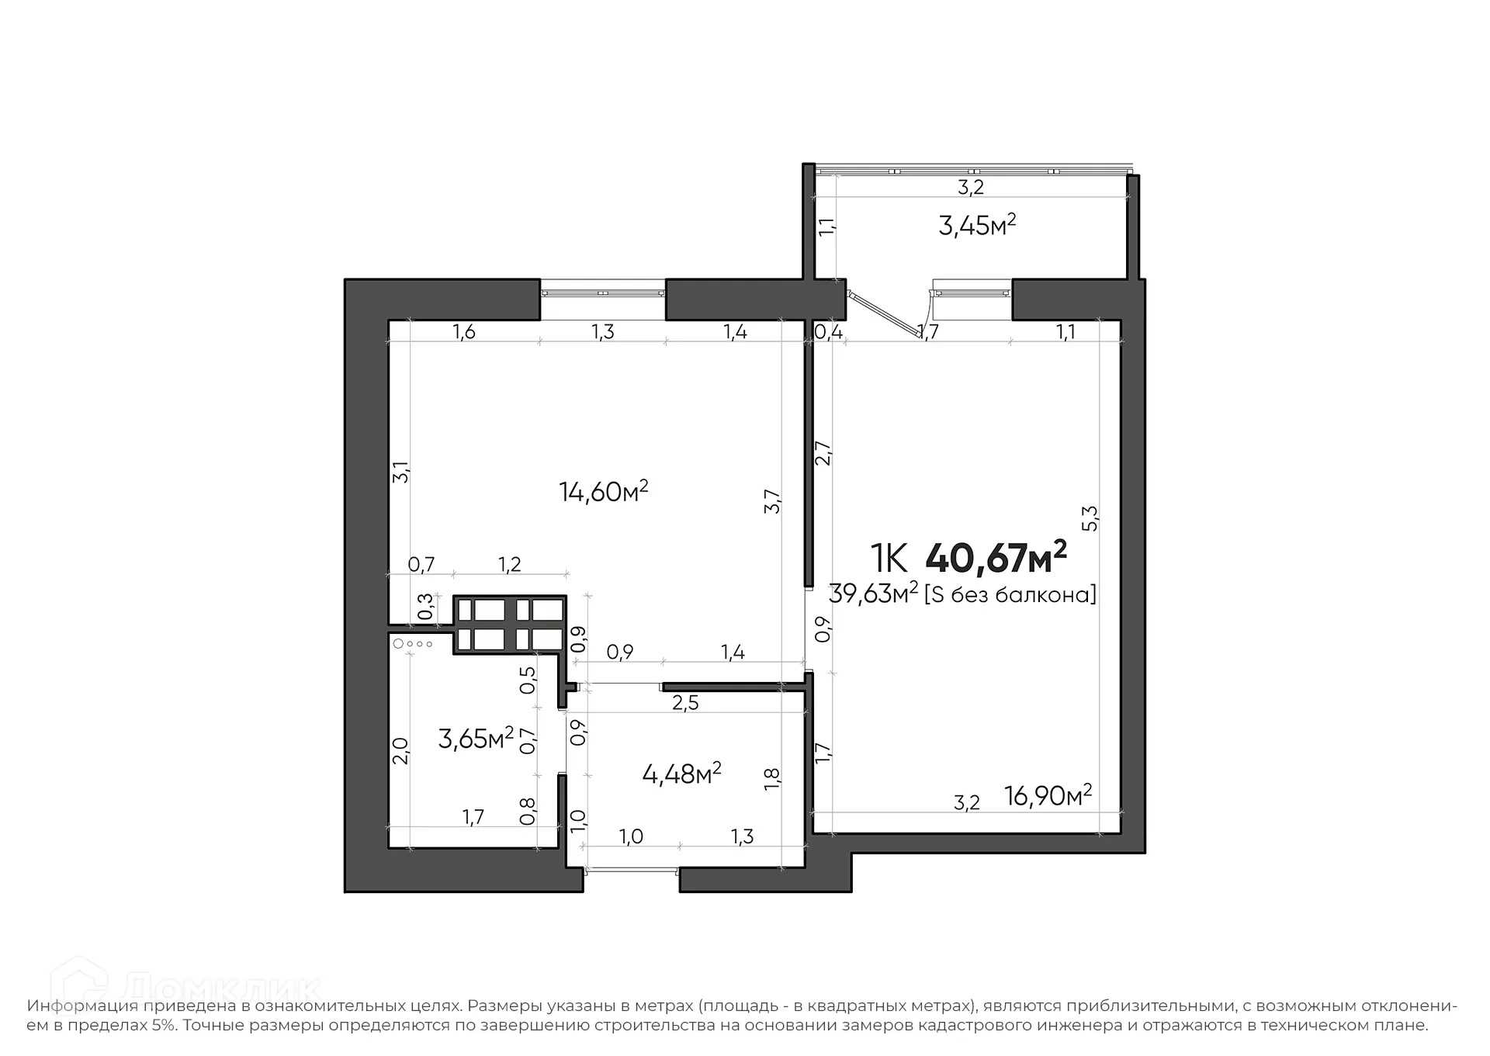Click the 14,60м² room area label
(603, 492)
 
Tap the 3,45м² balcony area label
(977, 226)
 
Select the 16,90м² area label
(1048, 795)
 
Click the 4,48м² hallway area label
(681, 774)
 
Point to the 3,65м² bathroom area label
(476, 738)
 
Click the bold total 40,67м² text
(996, 558)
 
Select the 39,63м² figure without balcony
(873, 594)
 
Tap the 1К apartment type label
(889, 558)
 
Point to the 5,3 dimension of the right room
(1090, 518)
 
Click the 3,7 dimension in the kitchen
(772, 501)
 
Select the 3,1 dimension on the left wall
(400, 472)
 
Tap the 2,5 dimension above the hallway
(685, 704)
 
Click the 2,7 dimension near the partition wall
(823, 453)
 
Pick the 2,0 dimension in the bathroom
(400, 750)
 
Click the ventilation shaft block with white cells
(510, 623)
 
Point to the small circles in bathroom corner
(413, 644)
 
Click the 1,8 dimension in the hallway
(772, 779)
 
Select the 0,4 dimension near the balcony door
(828, 333)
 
